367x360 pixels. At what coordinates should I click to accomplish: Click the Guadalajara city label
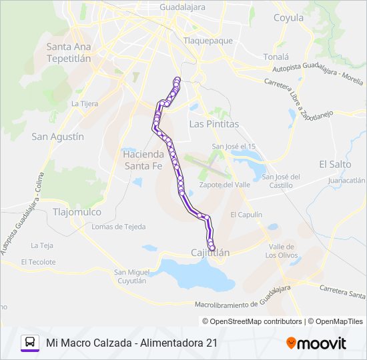click(182, 7)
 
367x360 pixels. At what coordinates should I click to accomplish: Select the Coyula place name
click(288, 18)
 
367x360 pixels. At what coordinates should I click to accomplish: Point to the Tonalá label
click(276, 57)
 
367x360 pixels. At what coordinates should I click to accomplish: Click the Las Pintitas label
click(214, 124)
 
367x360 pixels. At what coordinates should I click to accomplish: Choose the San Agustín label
click(58, 136)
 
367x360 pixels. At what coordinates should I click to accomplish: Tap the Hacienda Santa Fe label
click(143, 159)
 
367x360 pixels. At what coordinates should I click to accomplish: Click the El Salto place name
click(335, 164)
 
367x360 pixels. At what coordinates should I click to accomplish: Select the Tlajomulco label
click(77, 212)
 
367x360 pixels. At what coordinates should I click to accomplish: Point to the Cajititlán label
click(210, 253)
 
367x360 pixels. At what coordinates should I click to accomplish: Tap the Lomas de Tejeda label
click(118, 227)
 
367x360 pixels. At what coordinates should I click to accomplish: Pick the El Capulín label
click(246, 215)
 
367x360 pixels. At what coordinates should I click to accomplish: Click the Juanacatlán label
click(346, 181)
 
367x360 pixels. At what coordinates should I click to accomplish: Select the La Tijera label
click(85, 104)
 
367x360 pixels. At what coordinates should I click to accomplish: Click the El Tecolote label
click(38, 262)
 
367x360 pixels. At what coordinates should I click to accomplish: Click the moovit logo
click(316, 343)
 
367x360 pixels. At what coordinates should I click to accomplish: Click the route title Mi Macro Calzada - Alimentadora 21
click(132, 343)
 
